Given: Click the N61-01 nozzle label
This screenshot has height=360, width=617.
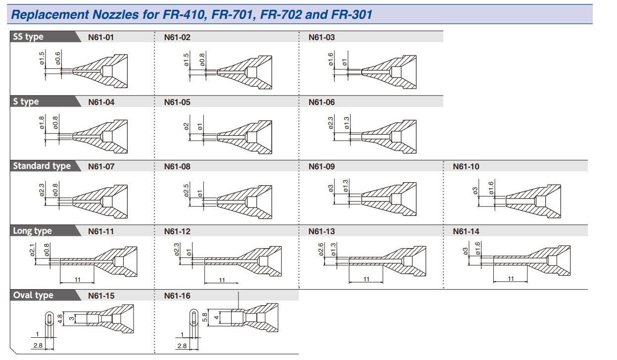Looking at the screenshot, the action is click(101, 37).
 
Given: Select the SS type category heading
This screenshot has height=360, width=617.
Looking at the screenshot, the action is click(28, 37).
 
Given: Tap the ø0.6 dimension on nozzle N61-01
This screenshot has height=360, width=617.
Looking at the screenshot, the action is click(58, 58).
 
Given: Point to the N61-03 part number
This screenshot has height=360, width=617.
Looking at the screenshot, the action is click(322, 37).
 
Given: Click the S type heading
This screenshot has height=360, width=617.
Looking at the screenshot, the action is click(26, 102).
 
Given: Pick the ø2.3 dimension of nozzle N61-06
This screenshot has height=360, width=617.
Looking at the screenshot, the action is click(331, 123).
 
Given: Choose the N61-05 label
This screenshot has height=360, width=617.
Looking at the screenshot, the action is click(177, 103).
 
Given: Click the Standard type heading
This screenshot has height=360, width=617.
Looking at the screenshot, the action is click(42, 166).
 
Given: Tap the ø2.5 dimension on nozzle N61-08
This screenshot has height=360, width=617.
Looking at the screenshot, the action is click(186, 191).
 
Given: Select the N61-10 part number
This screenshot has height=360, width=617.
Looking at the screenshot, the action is click(466, 166).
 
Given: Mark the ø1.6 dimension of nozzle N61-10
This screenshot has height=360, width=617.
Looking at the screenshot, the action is click(491, 188).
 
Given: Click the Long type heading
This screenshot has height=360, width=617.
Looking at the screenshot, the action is click(33, 231).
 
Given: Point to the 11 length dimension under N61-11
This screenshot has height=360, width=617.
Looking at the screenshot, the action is click(77, 279).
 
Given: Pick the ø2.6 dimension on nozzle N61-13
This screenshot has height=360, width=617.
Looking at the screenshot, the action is click(321, 250).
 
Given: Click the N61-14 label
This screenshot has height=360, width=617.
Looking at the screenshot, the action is click(466, 231).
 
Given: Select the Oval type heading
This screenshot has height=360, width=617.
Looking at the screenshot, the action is click(33, 295).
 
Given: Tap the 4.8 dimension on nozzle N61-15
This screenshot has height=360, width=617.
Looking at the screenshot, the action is click(60, 319).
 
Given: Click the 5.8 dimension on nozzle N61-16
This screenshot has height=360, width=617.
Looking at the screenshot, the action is click(205, 317).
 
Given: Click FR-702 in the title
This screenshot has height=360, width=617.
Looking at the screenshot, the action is click(281, 14).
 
